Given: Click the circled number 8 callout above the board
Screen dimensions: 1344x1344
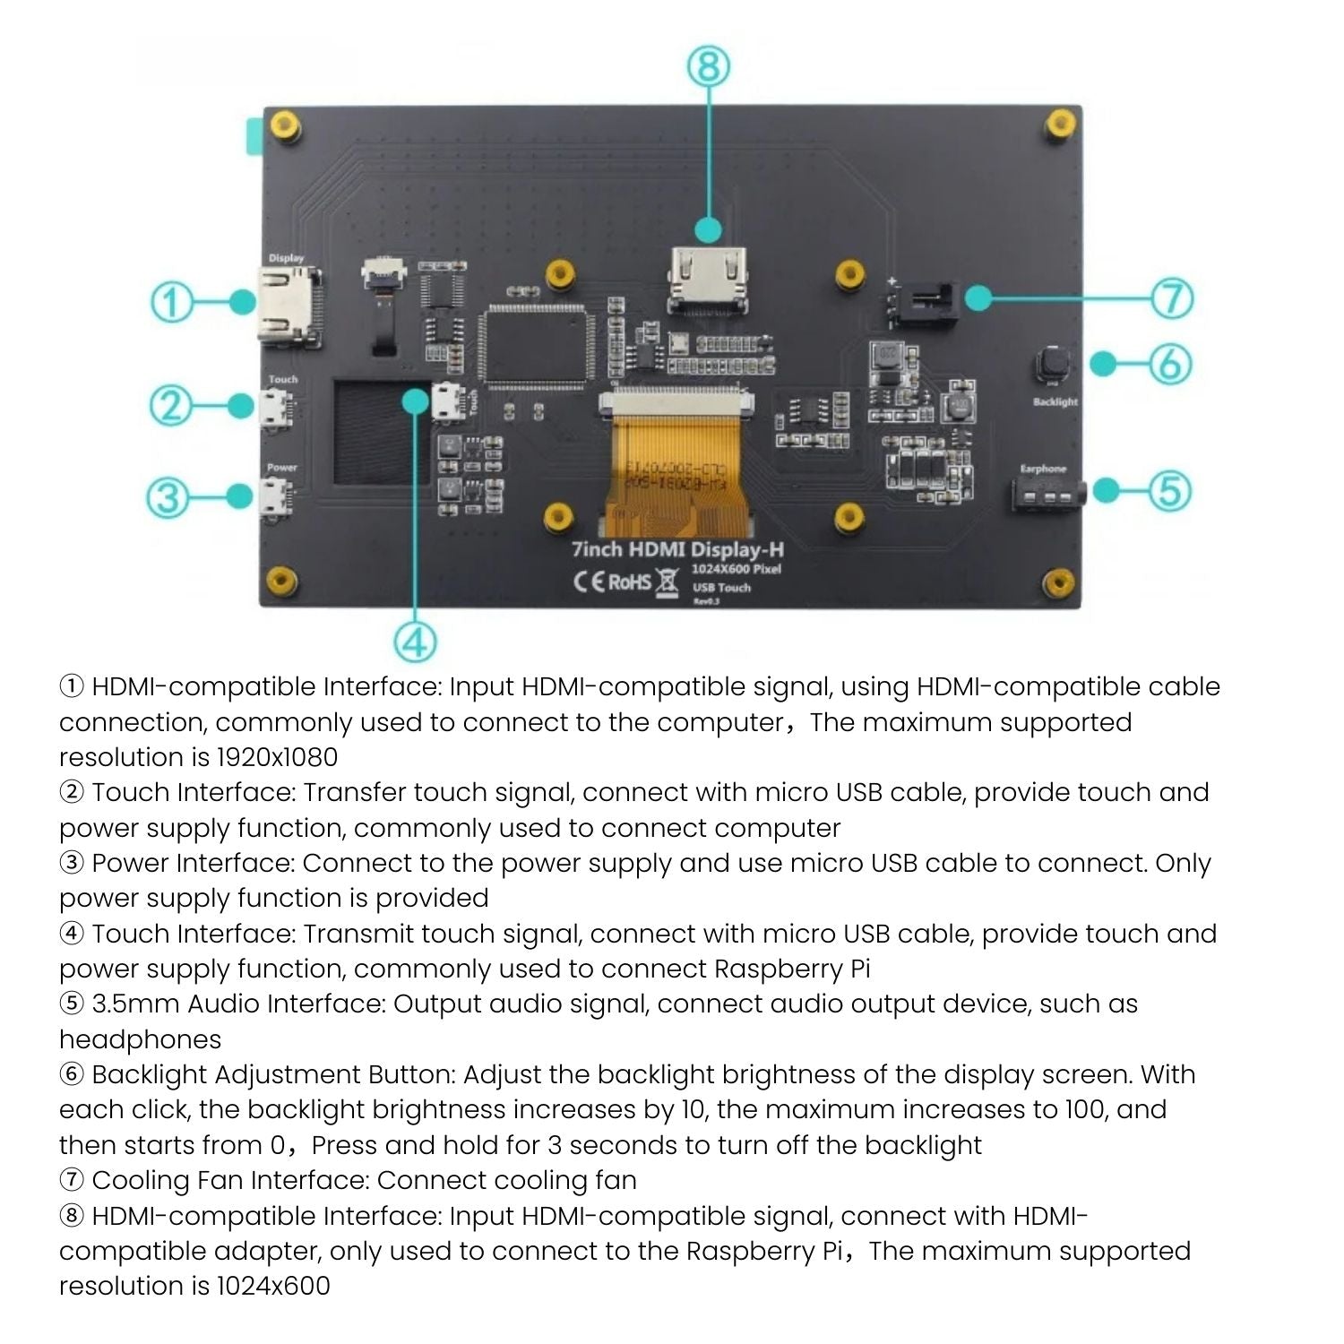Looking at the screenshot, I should [x=709, y=66].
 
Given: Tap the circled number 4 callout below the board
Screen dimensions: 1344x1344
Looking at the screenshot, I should [x=415, y=642].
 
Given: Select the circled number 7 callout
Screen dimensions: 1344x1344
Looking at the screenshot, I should [x=1172, y=298].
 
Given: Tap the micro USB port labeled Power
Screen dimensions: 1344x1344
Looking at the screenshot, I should [x=275, y=496].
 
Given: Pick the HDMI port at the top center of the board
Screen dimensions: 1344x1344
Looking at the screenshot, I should [x=709, y=280].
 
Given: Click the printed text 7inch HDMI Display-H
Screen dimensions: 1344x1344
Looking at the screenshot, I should [x=677, y=548].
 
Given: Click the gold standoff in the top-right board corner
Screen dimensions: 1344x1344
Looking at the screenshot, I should [x=1060, y=123].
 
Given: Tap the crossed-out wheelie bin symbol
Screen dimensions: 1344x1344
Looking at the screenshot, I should [x=667, y=582].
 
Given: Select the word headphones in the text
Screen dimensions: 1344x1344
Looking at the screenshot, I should [x=140, y=1039].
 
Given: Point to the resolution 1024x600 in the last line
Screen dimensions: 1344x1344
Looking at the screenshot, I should [x=273, y=1286].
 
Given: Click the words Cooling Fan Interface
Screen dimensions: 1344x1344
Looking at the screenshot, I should [x=230, y=1180].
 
